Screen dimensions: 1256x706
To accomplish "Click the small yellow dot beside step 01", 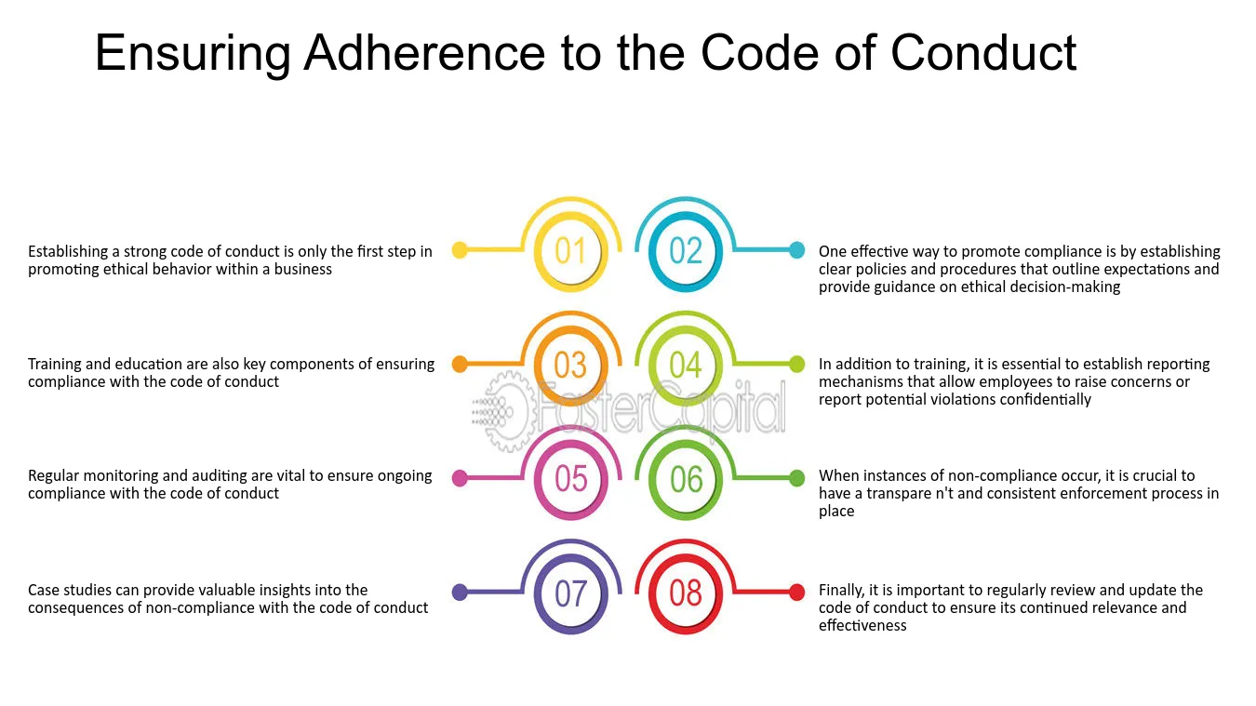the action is (x=460, y=250).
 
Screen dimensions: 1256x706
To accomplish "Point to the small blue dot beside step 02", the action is (x=796, y=250).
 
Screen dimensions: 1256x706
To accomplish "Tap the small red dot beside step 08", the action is (x=796, y=593).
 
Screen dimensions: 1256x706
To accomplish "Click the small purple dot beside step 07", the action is (x=460, y=593).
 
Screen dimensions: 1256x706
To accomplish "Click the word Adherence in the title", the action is (x=424, y=53).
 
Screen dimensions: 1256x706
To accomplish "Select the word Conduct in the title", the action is (x=983, y=53).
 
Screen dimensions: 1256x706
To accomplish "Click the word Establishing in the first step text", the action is (x=68, y=252).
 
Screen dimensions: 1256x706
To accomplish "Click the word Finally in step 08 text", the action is (x=841, y=591).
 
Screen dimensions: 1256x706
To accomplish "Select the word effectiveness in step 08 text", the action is (x=862, y=625).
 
